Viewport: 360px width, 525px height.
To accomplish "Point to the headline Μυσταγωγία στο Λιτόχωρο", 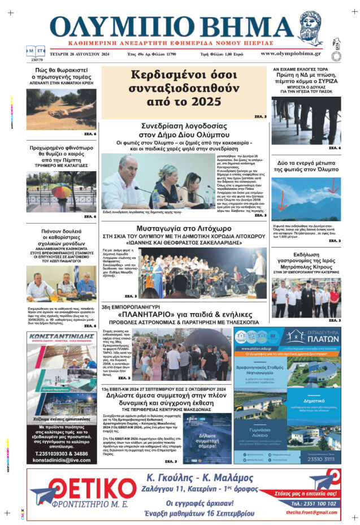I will point(183,228).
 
